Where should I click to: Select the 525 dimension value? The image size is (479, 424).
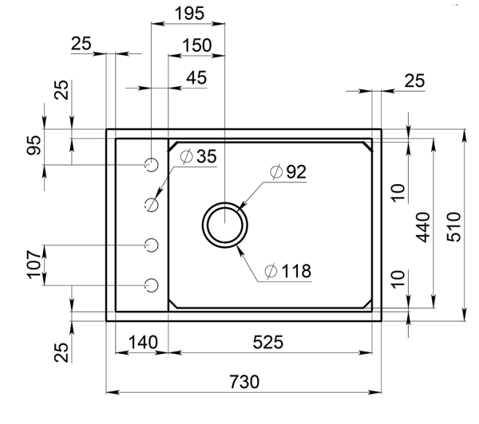tap(268, 342)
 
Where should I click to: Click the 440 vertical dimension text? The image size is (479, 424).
tap(423, 227)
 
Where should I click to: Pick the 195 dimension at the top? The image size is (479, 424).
tap(189, 14)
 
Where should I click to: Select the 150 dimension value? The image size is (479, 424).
tap(196, 45)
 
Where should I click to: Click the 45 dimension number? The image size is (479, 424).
tap(196, 77)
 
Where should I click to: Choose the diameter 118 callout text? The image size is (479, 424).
tap(289, 271)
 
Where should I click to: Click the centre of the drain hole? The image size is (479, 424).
tap(227, 222)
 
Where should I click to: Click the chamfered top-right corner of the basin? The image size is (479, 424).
tap(367, 146)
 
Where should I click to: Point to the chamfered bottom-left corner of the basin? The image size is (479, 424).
tap(173, 302)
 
